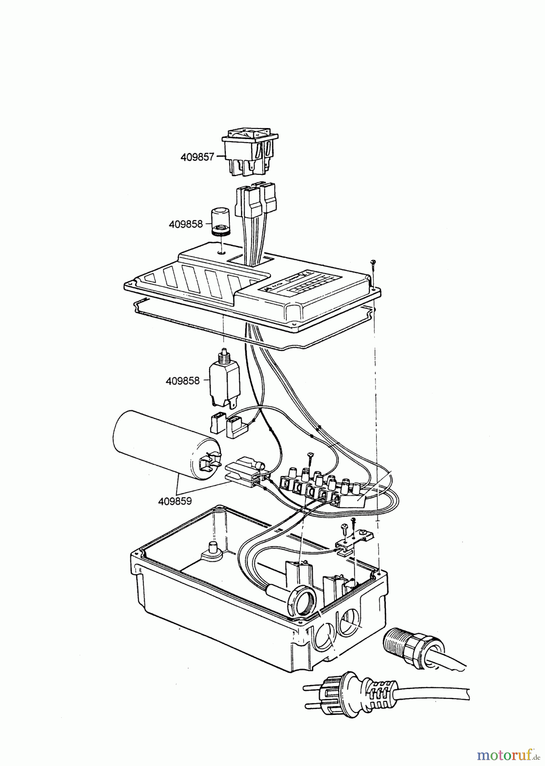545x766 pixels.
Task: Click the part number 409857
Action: coord(197,157)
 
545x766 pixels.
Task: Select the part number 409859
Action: coord(175,501)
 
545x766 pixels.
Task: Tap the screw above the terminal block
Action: coord(310,458)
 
